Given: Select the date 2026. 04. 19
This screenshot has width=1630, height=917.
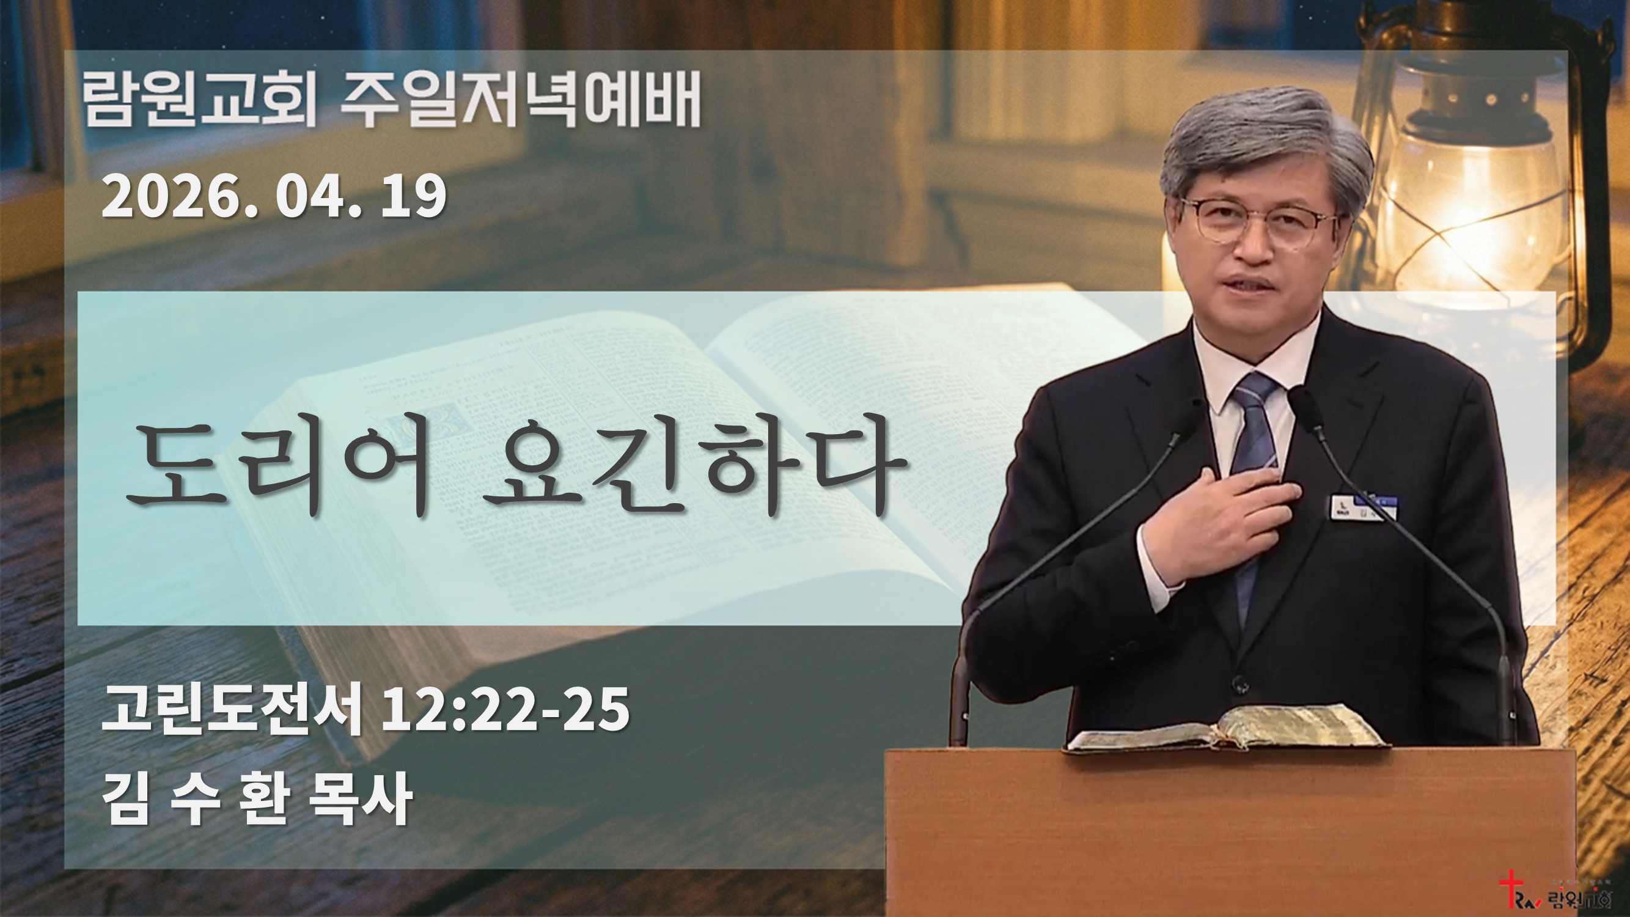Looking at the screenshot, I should tap(274, 197).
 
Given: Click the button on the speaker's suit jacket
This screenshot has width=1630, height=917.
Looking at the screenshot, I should tap(1238, 683).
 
